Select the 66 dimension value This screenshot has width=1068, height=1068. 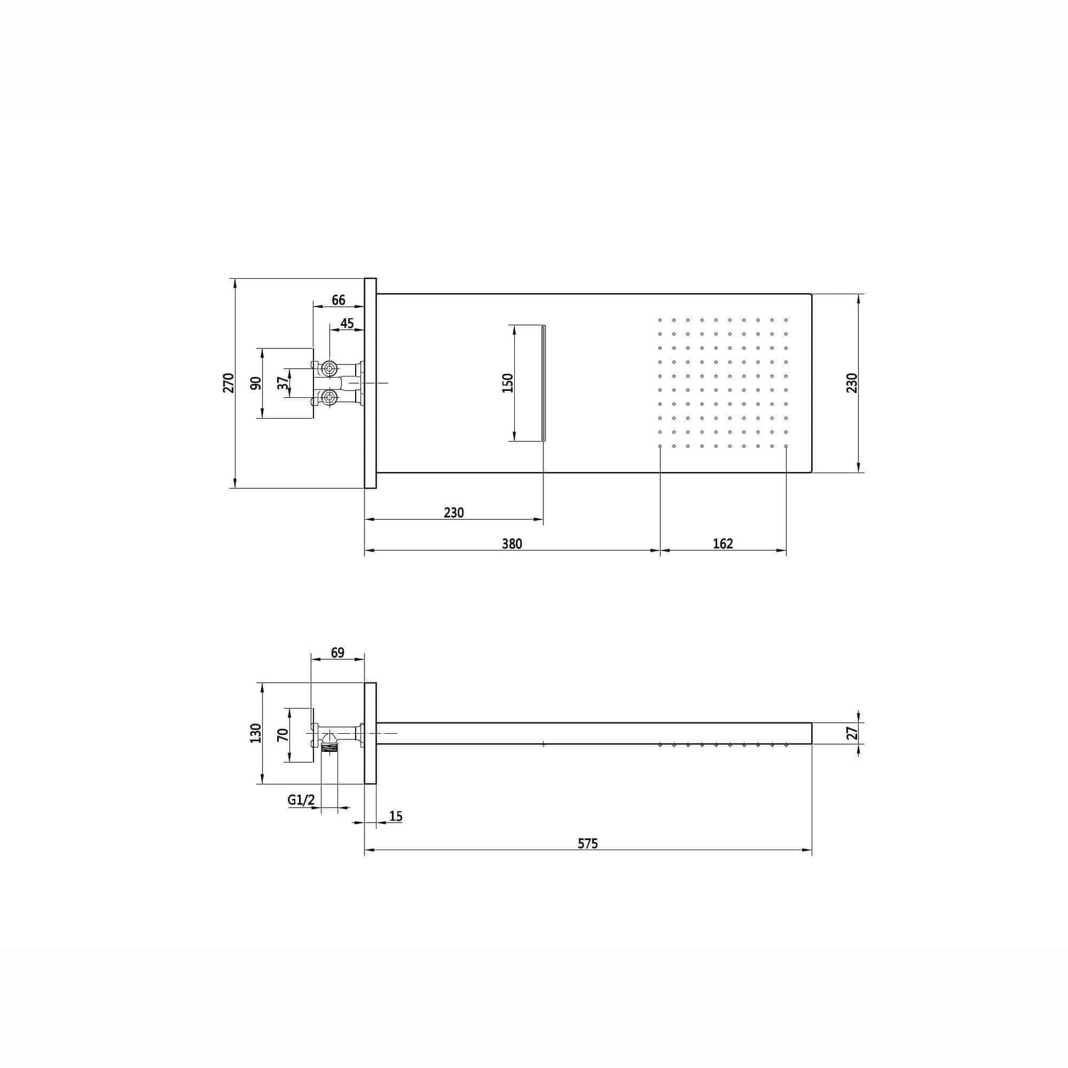tap(338, 300)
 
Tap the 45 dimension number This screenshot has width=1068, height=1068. tap(347, 323)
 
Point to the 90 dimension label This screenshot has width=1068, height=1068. tap(256, 383)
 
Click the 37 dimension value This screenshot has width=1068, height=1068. tap(283, 383)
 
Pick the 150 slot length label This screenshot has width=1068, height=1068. tap(508, 383)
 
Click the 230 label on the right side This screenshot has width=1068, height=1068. tap(852, 383)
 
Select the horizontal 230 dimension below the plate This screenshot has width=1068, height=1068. tap(453, 513)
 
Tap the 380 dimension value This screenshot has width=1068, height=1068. tap(512, 544)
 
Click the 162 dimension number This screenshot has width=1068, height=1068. tap(722, 544)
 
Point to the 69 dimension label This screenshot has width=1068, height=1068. tap(337, 653)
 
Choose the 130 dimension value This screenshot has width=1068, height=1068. tap(256, 733)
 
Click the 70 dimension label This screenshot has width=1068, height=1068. tap(283, 735)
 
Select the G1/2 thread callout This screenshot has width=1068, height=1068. tap(301, 800)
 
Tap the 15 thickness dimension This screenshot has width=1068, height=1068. tap(396, 817)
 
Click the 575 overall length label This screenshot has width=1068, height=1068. tap(588, 844)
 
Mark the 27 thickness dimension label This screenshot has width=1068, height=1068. tap(852, 733)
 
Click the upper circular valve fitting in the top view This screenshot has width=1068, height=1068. tap(329, 368)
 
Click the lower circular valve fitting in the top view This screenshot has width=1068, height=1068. tap(329, 397)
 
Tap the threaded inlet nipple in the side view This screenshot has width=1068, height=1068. tap(329, 747)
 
